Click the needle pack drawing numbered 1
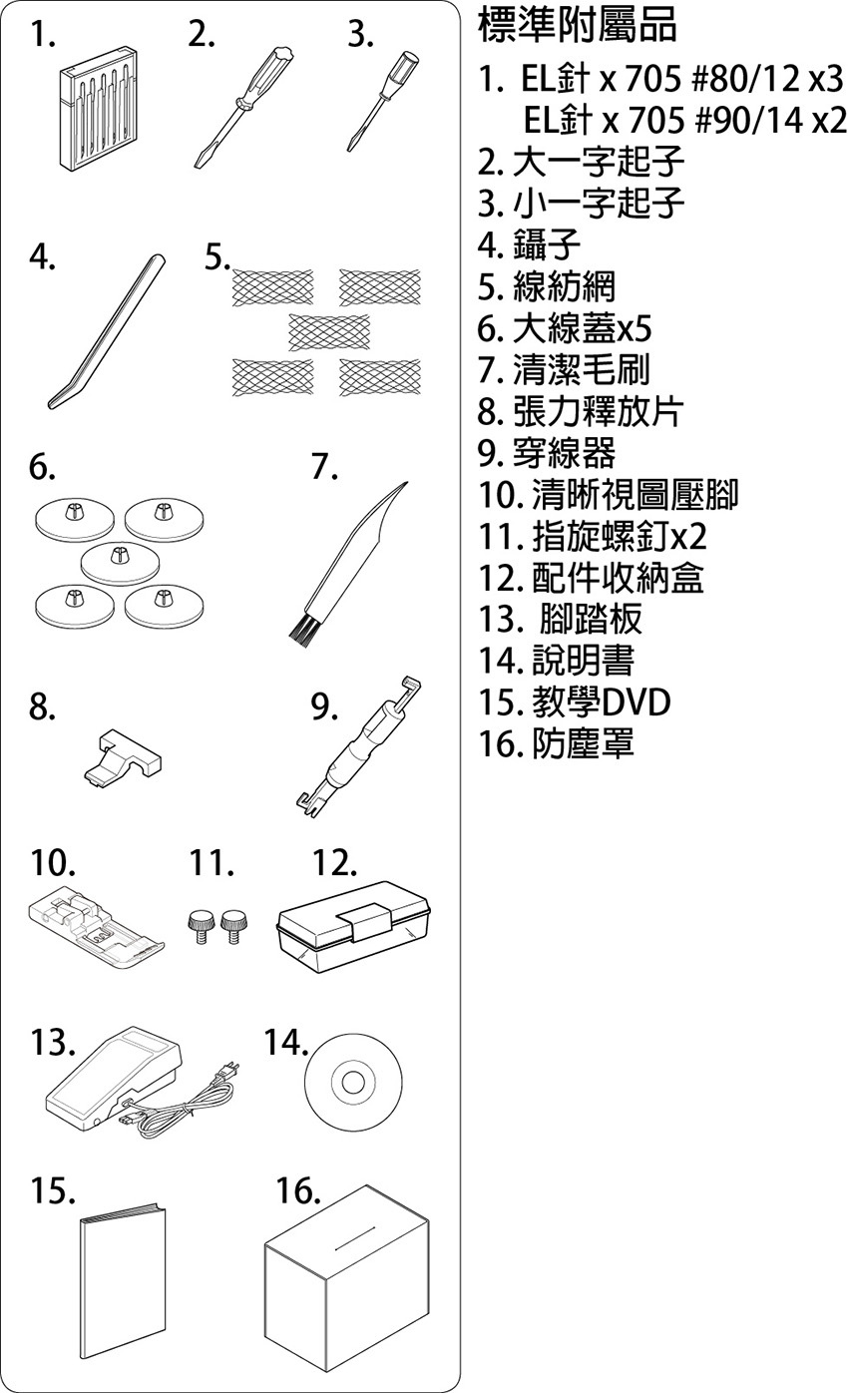tap(98, 118)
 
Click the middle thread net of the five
tap(328, 331)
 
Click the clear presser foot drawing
tap(94, 926)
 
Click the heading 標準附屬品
tap(578, 27)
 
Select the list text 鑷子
tap(546, 243)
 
